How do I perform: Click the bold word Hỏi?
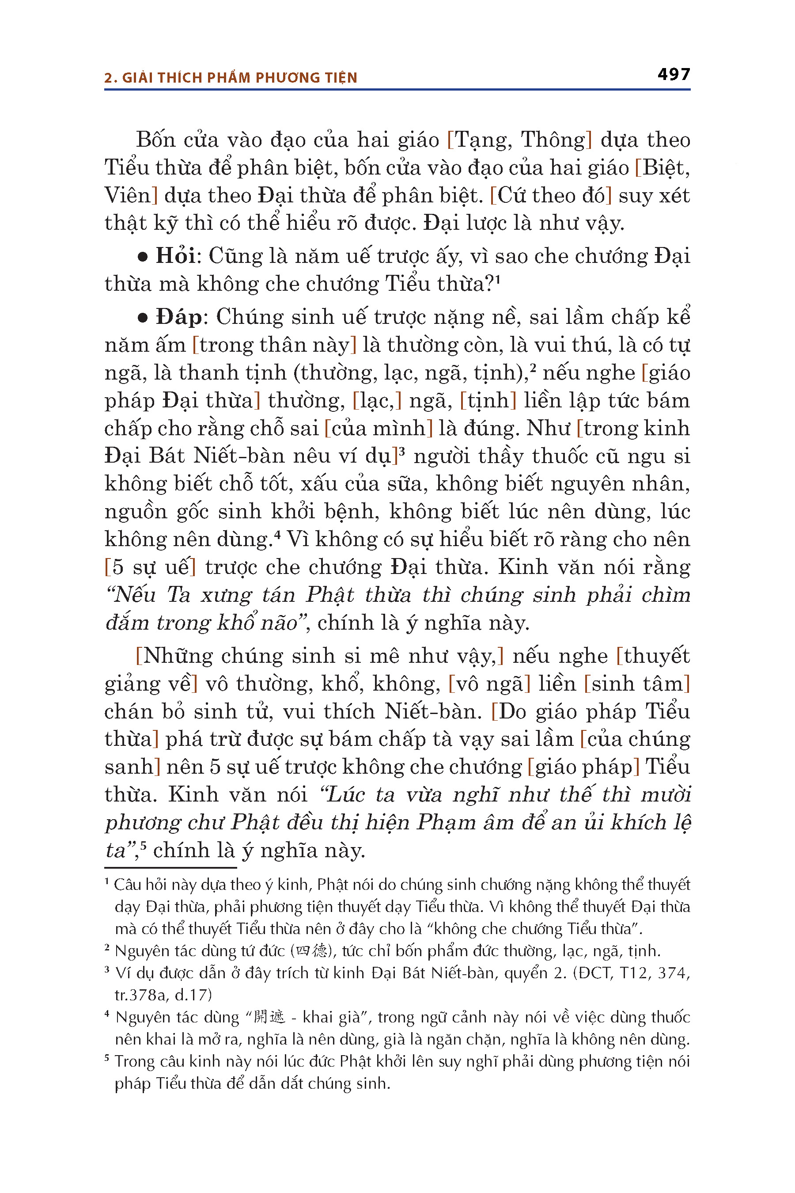tap(175, 256)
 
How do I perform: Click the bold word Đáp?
tap(178, 317)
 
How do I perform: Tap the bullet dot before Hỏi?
tap(143, 258)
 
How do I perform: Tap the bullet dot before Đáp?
tap(143, 319)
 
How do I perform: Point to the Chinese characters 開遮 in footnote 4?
tap(269, 1018)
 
